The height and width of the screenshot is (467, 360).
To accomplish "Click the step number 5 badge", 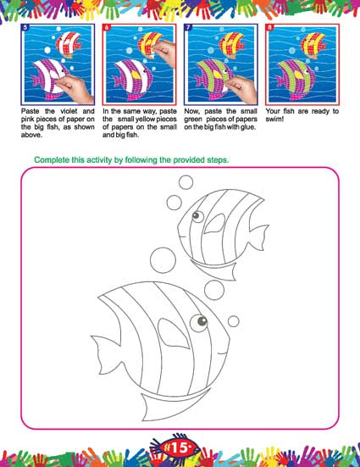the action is point(25,27).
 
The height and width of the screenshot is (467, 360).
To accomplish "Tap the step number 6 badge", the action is point(107,27).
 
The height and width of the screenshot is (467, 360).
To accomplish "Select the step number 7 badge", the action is point(188,27).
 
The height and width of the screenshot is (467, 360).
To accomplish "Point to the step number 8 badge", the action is point(269,27).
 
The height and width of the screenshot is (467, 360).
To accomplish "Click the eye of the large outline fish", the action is point(199,323).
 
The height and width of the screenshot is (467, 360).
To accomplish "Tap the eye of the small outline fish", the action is point(197,216).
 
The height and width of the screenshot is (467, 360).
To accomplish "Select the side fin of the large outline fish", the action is point(173,333).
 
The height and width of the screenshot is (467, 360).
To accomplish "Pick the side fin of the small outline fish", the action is point(214,224).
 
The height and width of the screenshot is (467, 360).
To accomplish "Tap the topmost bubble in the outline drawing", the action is point(186,182).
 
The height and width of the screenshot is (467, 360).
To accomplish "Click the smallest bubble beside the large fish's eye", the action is point(234,321).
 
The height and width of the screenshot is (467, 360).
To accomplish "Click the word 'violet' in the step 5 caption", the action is point(69,111).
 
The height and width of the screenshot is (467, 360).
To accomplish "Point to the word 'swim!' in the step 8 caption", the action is point(274,120).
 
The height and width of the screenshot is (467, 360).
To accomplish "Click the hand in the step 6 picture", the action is point(163,52).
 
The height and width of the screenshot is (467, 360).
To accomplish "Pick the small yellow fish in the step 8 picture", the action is point(312,45).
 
